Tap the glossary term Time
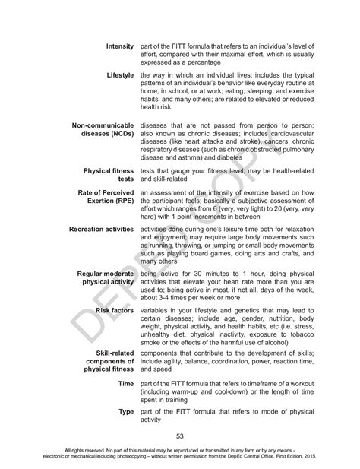pyautogui.click(x=126, y=384)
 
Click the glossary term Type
pyautogui.click(x=125, y=411)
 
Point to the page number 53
pyautogui.click(x=180, y=436)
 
